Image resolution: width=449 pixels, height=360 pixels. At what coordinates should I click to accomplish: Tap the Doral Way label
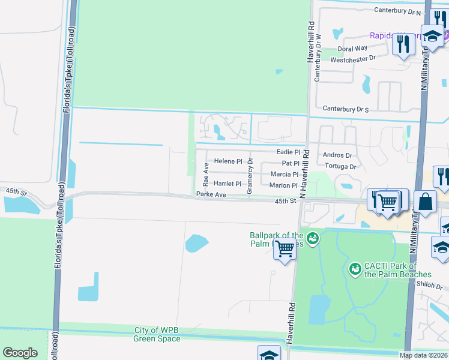(x=352, y=49)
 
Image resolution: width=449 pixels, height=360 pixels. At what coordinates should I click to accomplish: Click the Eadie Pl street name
(x=288, y=152)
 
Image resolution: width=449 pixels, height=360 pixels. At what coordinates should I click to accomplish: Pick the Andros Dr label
(x=337, y=155)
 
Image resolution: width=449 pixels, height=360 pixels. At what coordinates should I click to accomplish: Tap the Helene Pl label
(x=228, y=161)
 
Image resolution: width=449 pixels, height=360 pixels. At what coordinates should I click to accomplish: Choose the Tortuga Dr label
(x=340, y=166)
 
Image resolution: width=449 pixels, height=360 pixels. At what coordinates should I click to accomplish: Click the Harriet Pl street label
(x=228, y=184)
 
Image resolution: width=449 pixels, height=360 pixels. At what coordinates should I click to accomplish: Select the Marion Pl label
(x=283, y=185)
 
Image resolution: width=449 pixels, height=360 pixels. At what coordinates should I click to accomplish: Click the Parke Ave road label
(x=211, y=194)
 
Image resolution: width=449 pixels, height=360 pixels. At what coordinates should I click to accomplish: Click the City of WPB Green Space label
(x=157, y=335)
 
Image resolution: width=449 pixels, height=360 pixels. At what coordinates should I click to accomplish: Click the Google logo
(x=20, y=353)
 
